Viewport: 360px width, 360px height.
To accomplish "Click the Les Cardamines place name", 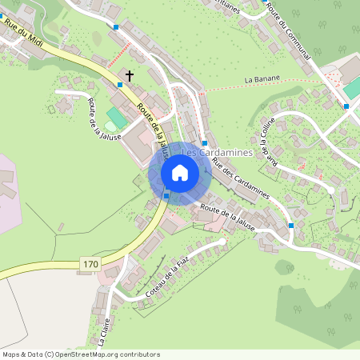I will (x=218, y=151).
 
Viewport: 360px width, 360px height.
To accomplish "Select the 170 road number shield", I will (x=90, y=263).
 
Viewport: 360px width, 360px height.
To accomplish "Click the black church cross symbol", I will (x=129, y=75).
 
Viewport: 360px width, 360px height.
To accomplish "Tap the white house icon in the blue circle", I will (x=180, y=173).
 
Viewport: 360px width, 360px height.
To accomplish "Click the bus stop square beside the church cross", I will (x=120, y=84).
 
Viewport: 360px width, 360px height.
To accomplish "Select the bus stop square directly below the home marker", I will (x=166, y=196).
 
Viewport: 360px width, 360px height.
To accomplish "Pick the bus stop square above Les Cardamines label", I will (x=205, y=143).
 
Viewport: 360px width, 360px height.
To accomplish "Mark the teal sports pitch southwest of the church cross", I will (x=116, y=118).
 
